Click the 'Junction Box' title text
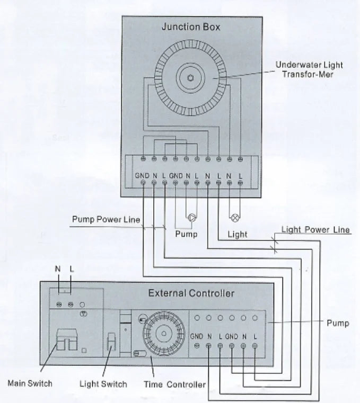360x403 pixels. [191, 26]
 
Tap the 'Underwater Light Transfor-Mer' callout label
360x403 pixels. [309, 69]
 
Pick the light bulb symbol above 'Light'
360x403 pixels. [234, 217]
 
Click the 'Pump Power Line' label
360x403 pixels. [106, 219]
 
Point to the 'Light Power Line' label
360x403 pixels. [315, 230]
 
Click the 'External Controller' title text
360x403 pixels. [191, 293]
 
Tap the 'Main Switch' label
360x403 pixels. [30, 383]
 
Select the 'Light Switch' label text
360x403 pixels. [103, 384]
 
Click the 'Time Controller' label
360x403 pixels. [174, 384]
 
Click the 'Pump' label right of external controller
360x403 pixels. [338, 323]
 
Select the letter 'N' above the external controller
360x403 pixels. [58, 270]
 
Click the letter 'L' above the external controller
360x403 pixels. [72, 270]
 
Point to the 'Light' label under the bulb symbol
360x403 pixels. [237, 234]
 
